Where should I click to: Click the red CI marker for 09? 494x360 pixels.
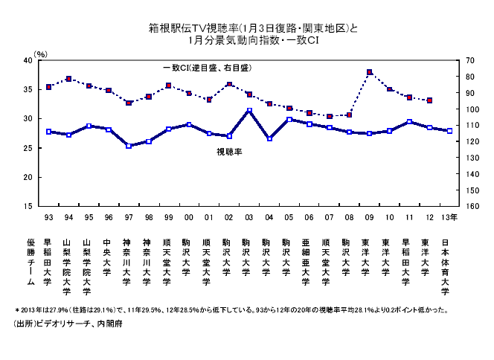pyautogui.click(x=369, y=72)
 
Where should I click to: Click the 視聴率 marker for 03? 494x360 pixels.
pyautogui.click(x=249, y=110)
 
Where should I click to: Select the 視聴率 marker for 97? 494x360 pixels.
pyautogui.click(x=129, y=146)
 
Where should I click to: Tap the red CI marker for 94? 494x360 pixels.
pyautogui.click(x=68, y=79)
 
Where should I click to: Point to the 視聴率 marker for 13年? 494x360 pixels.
pyautogui.click(x=449, y=131)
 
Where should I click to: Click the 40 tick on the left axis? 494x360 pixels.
pyautogui.click(x=27, y=60)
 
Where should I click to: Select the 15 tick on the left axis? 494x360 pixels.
pyautogui.click(x=27, y=206)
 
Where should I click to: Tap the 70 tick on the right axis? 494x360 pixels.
pyautogui.click(x=469, y=60)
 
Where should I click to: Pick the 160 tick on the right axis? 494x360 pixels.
pyautogui.click(x=470, y=206)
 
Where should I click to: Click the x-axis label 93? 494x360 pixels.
pyautogui.click(x=48, y=217)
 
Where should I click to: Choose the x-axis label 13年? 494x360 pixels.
pyautogui.click(x=449, y=217)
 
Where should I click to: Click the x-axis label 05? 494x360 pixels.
pyautogui.click(x=289, y=217)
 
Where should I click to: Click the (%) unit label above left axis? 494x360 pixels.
pyautogui.click(x=41, y=54)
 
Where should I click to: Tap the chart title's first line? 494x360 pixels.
pyautogui.click(x=253, y=29)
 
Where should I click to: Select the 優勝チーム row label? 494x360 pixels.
pyautogui.click(x=31, y=263)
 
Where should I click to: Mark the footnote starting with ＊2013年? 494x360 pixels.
pyautogui.click(x=231, y=308)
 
